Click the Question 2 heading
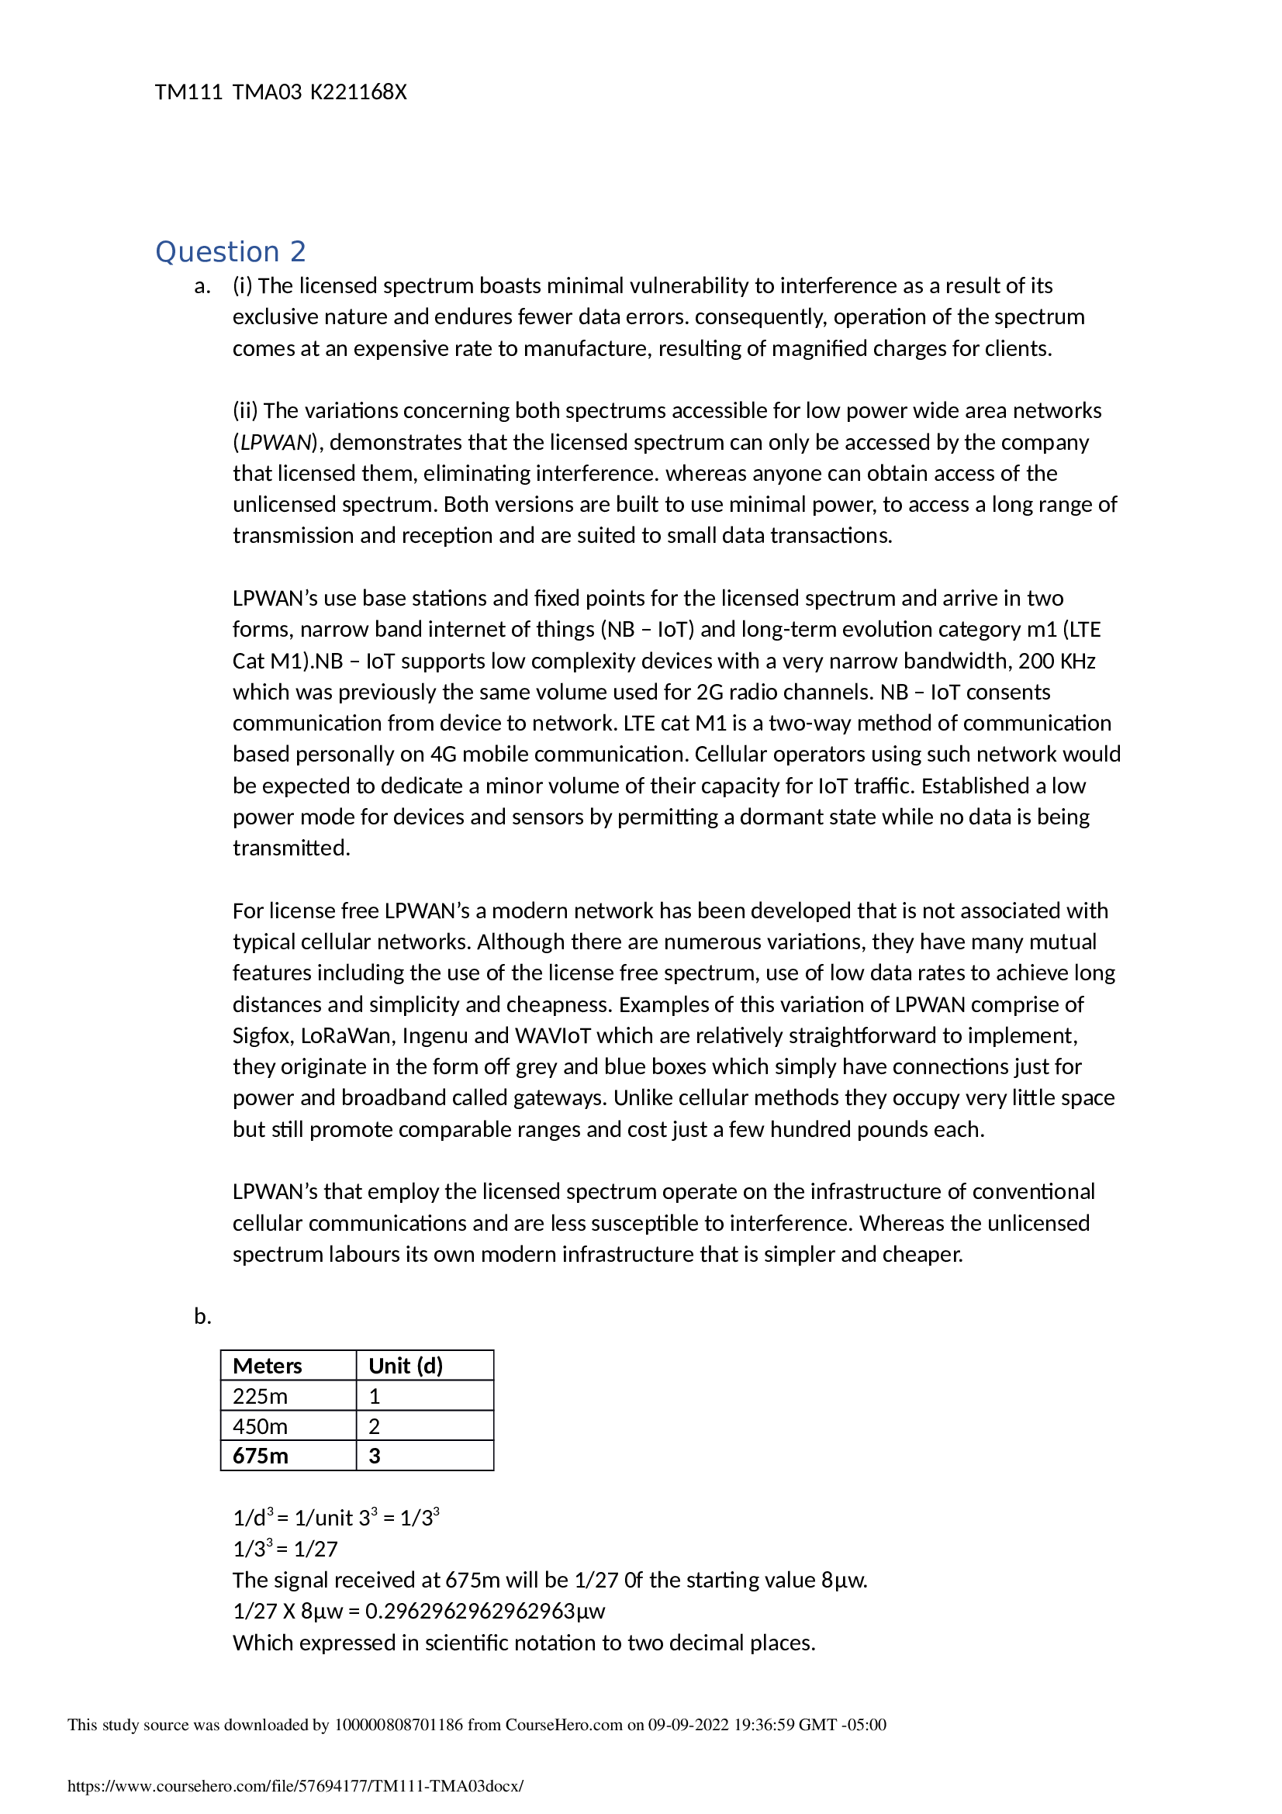pyautogui.click(x=230, y=251)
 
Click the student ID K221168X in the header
pyautogui.click(x=358, y=92)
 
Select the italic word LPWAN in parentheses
pyautogui.click(x=276, y=442)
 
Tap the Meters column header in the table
pyautogui.click(x=267, y=1366)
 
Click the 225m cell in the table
pyautogui.click(x=260, y=1396)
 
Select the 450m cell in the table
pyautogui.click(x=260, y=1426)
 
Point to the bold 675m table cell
pyautogui.click(x=260, y=1455)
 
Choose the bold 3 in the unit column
pyautogui.click(x=375, y=1455)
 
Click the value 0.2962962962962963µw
pyautogui.click(x=484, y=1611)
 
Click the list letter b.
pyautogui.click(x=202, y=1316)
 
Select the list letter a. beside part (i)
pyautogui.click(x=202, y=286)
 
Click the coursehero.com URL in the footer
pyautogui.click(x=295, y=1785)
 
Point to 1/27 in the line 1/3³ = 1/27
pyautogui.click(x=316, y=1549)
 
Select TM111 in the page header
pyautogui.click(x=188, y=92)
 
